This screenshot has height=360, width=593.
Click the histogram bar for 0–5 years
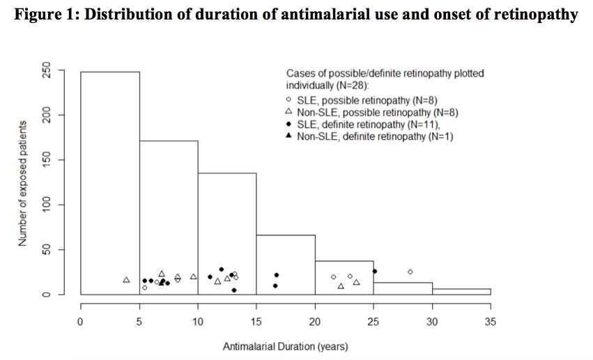[x=110, y=181]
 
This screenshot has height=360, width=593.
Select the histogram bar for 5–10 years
[x=169, y=209]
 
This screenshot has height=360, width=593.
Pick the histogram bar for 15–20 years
[x=286, y=261]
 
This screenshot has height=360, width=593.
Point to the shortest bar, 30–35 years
[x=466, y=292]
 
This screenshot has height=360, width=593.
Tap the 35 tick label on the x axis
[x=490, y=321]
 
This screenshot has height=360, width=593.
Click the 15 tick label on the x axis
[x=256, y=321]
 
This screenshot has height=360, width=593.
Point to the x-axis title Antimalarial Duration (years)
[x=286, y=345]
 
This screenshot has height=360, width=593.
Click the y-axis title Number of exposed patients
[x=22, y=182]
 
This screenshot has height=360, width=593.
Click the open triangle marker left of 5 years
[x=126, y=280]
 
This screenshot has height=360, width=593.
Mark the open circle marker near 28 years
[x=410, y=272]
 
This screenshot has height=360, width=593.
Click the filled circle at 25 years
[x=374, y=271]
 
